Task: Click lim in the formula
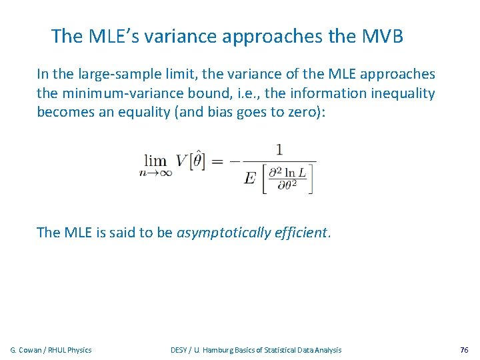(x=156, y=161)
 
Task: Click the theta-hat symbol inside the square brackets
(x=199, y=159)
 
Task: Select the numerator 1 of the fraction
(x=279, y=149)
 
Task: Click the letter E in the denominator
(x=250, y=178)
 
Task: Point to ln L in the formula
(x=292, y=173)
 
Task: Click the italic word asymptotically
(x=223, y=233)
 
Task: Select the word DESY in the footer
(x=179, y=350)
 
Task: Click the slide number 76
(x=464, y=350)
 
